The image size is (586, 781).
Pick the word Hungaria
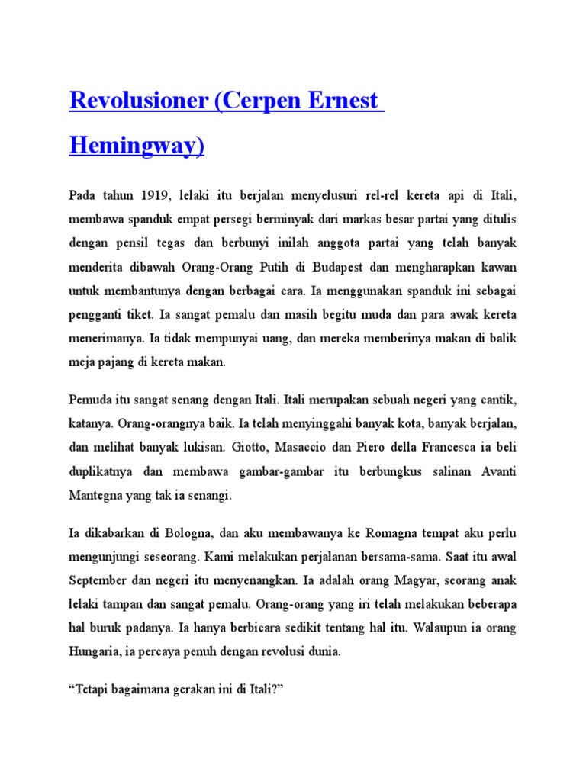click(x=97, y=652)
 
